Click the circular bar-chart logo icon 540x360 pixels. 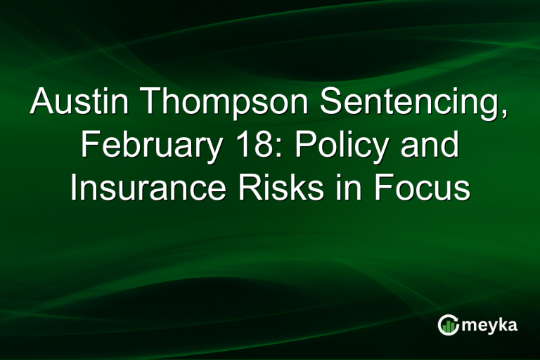tap(447, 324)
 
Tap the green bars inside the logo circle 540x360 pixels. tap(448, 326)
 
